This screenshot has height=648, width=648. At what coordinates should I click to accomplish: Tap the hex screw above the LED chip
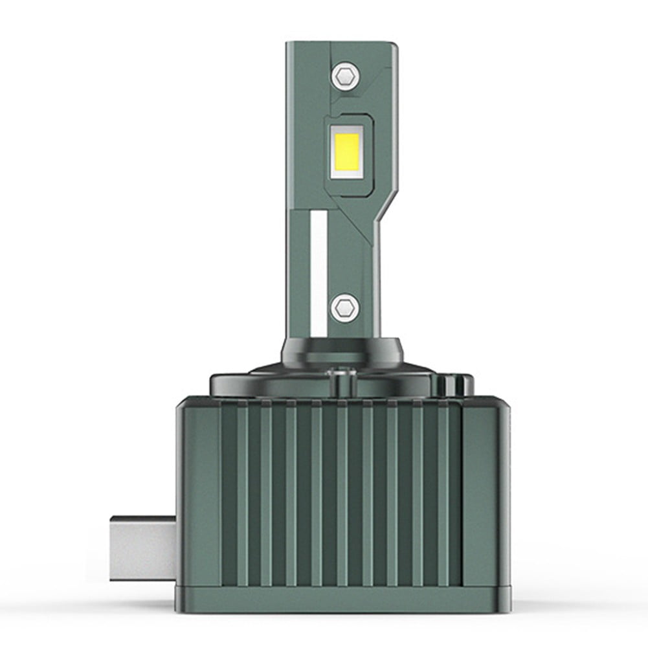(x=344, y=77)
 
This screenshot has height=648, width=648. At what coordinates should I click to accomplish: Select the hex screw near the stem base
(x=344, y=306)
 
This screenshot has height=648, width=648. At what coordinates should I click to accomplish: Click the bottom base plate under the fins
(x=343, y=599)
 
